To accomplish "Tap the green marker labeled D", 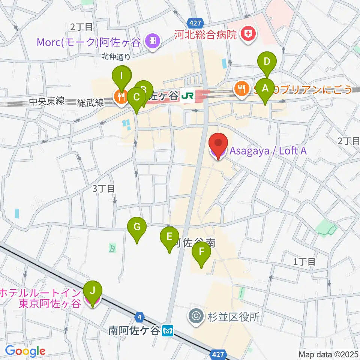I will (267, 61).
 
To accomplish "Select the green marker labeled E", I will (169, 237).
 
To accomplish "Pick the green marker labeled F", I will (201, 252).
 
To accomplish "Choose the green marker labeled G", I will (137, 227).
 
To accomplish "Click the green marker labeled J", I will (92, 290).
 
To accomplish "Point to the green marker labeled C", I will (136, 97).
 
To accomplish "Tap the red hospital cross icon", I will (247, 35).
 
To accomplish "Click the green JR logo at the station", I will (186, 97).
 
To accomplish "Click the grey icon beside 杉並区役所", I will (196, 315).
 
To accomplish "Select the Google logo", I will (25, 351).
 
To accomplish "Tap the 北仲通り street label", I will (116, 57).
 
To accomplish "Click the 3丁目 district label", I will (103, 189).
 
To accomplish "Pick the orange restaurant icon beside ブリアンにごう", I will (240, 88).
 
